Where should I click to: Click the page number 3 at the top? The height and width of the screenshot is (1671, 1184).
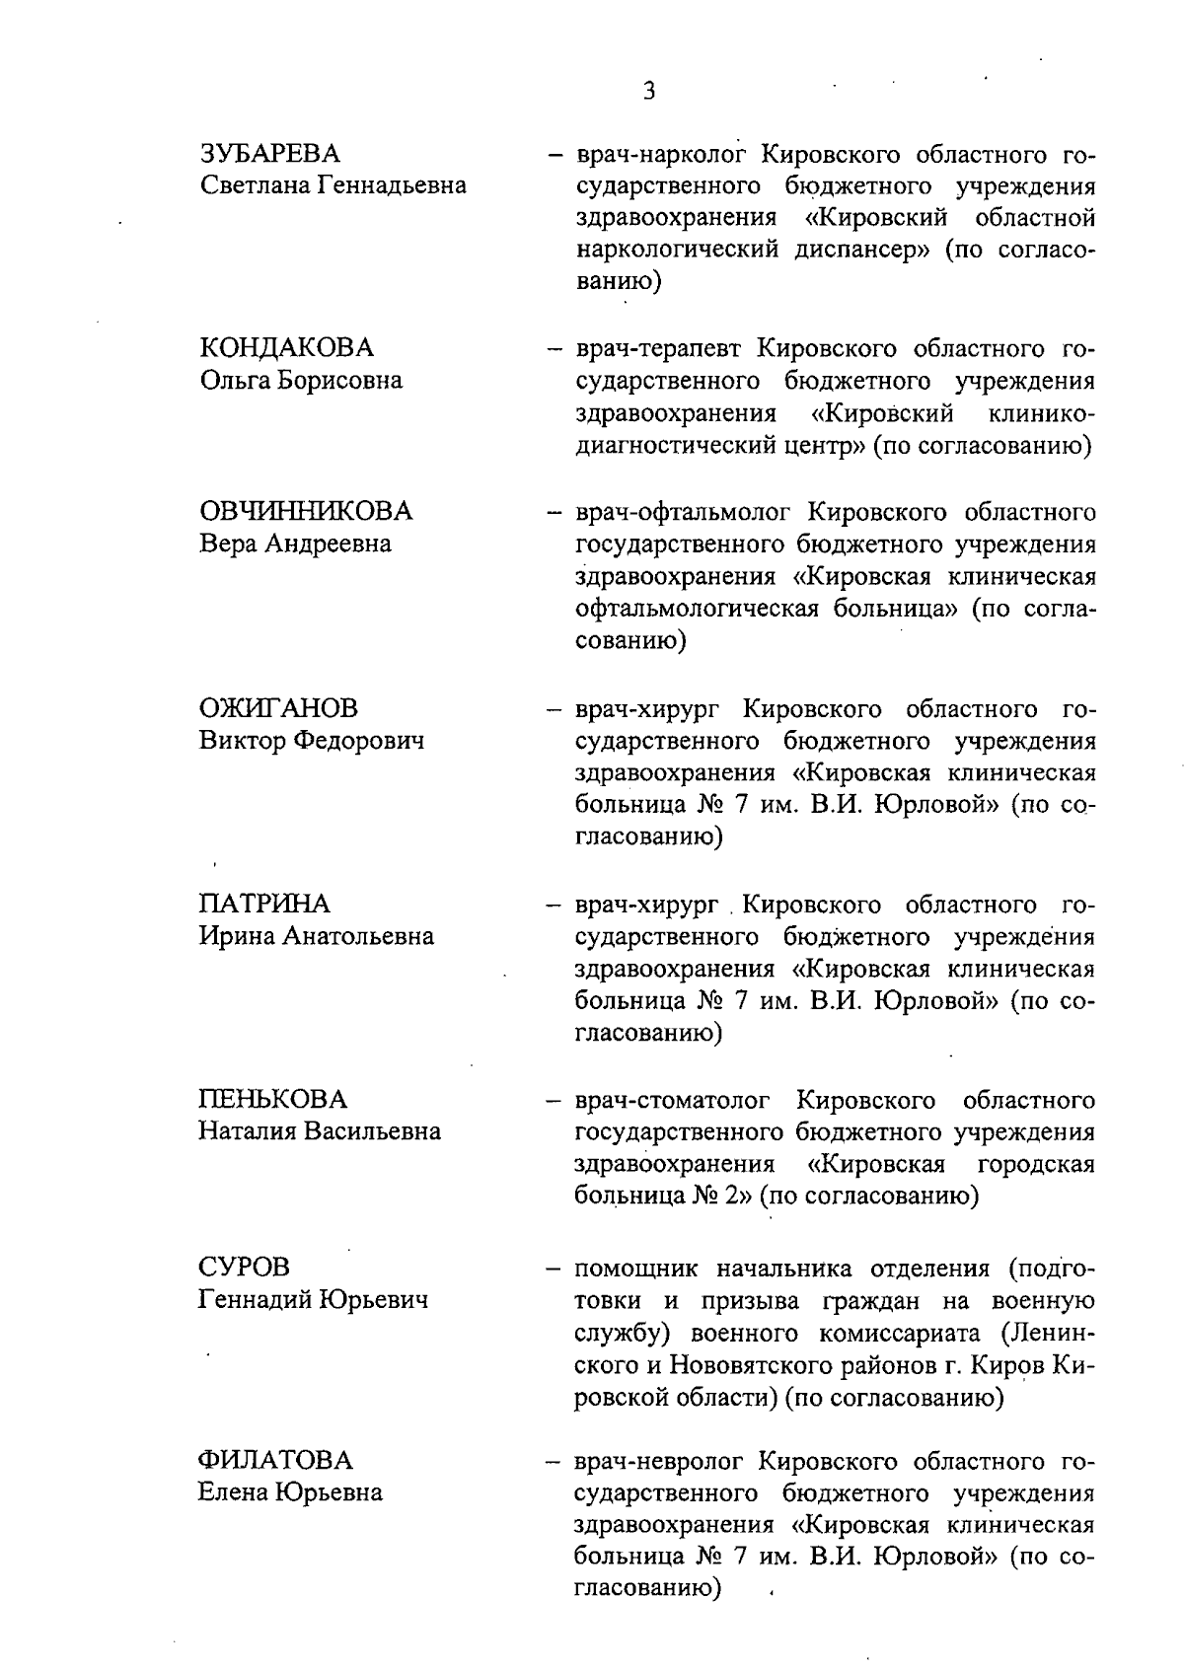click(648, 92)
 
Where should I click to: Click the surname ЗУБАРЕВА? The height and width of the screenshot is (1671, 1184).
click(269, 154)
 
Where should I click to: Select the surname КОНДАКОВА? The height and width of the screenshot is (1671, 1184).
click(286, 348)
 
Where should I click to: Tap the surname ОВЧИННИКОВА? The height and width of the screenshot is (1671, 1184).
click(306, 511)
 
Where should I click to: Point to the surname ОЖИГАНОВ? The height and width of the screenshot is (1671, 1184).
click(278, 708)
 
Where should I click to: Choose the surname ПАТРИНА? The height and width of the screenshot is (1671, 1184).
click(264, 904)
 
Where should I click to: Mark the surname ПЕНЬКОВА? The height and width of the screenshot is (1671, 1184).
click(273, 1099)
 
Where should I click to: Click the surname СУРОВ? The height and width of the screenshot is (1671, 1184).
click(244, 1267)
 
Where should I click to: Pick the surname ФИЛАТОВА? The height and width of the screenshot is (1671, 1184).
click(275, 1460)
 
